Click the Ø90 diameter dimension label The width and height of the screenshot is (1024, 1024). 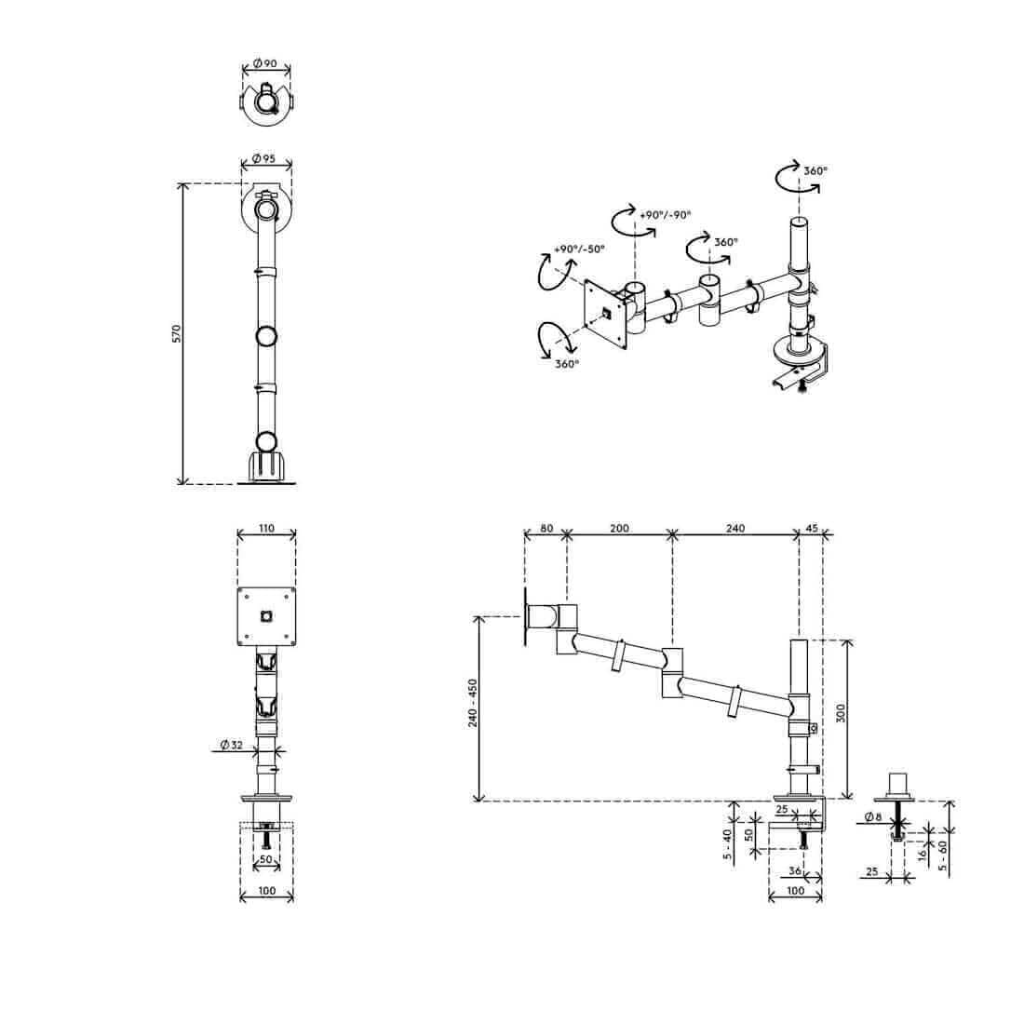(264, 64)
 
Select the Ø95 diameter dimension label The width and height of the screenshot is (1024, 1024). (263, 158)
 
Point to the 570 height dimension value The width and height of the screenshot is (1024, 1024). (176, 333)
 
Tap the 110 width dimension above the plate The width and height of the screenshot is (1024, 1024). (267, 528)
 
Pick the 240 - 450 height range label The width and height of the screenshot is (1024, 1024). (473, 703)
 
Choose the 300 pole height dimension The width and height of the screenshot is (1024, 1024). (842, 712)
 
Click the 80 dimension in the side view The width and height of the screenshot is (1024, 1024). (546, 529)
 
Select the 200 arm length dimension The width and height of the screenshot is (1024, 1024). (619, 529)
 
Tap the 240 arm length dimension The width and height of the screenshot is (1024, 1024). (735, 529)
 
